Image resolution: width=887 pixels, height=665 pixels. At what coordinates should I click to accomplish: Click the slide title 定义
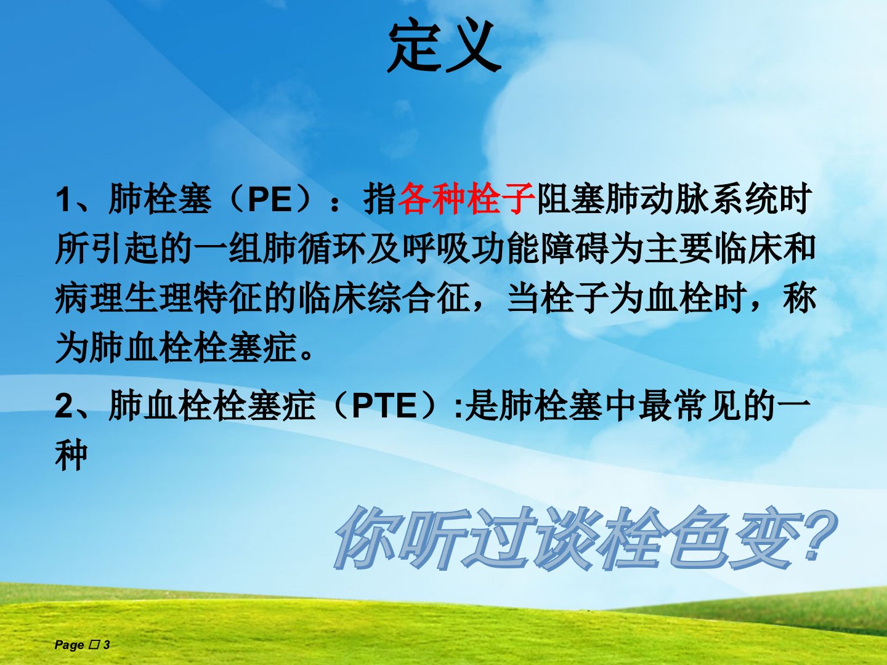click(443, 46)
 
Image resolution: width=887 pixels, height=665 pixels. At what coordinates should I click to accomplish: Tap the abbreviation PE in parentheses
click(270, 199)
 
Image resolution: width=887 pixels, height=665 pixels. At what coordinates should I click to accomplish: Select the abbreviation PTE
click(384, 406)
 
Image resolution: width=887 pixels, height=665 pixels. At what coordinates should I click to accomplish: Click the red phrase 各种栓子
click(467, 199)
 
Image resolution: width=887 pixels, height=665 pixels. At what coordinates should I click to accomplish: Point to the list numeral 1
click(64, 199)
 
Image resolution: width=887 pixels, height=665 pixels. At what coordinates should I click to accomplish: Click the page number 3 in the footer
click(107, 645)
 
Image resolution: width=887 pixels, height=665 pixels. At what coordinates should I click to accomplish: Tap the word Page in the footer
click(69, 645)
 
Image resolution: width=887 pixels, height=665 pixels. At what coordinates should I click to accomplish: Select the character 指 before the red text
click(380, 199)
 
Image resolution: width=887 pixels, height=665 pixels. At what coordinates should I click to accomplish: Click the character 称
click(800, 298)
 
